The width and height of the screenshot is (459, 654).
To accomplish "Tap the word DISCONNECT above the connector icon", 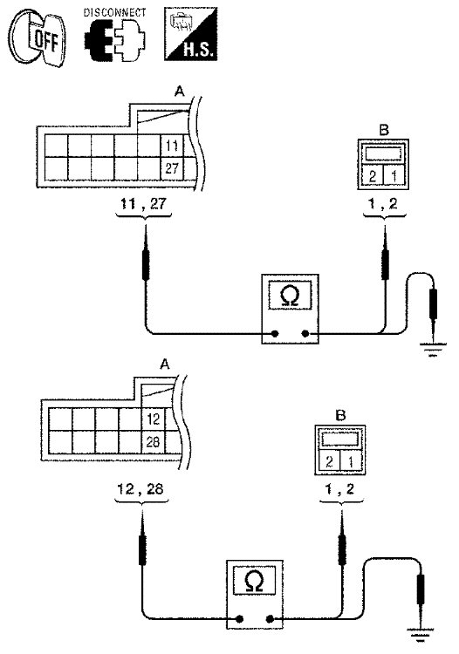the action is point(115,12).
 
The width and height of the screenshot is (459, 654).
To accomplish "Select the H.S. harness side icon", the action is point(191,34).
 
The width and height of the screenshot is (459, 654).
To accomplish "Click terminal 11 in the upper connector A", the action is point(172,146).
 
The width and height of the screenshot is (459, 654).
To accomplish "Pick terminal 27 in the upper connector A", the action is point(172,168).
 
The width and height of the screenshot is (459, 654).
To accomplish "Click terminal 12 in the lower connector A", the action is point(154,419).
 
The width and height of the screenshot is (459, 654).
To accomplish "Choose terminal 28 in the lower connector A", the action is point(154,442).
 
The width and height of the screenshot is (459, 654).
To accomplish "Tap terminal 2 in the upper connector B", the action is point(373,176).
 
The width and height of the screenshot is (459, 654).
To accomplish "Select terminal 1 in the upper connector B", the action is point(394,176).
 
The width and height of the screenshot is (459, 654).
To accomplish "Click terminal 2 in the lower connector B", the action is point(329,461).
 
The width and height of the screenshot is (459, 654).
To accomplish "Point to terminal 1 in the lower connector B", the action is point(351,461).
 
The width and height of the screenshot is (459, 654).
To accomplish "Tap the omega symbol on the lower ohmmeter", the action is point(255,582).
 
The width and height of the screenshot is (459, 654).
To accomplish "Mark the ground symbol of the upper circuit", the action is point(433,351).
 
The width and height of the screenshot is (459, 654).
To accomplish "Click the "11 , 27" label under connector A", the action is point(143,204).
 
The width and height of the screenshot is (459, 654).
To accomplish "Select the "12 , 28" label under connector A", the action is point(140,489).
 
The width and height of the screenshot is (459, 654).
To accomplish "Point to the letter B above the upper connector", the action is point(384,130).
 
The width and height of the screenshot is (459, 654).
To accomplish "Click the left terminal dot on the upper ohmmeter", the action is point(275,333).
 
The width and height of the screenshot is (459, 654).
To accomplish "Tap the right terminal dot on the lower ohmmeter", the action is point(270,619).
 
